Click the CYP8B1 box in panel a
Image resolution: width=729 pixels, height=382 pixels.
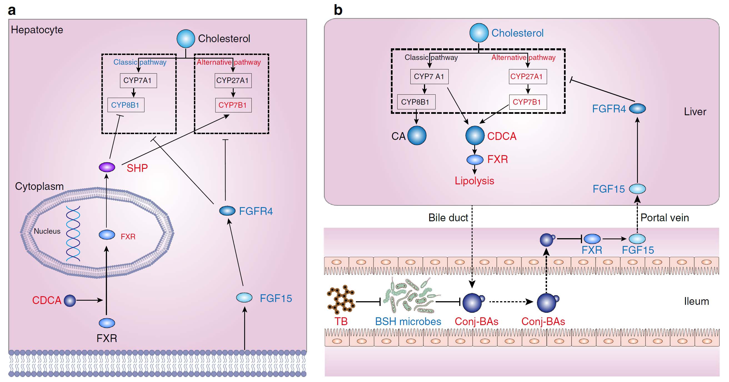tap(126, 105)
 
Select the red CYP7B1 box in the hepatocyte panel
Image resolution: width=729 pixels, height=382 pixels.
tap(233, 105)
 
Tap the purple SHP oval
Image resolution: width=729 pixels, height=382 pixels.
tap(107, 167)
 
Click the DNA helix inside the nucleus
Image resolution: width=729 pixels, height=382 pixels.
tap(73, 233)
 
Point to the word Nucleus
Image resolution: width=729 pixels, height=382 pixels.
tap(47, 231)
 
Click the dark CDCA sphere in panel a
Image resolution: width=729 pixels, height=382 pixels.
tap(70, 300)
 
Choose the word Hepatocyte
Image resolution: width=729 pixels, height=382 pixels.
tap(37, 30)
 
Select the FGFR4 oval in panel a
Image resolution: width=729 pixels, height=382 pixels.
tap(227, 211)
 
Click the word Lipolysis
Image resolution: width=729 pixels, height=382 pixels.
tap(474, 181)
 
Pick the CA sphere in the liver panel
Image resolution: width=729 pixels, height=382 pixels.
tap(417, 136)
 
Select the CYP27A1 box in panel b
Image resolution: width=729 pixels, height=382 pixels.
tap(528, 77)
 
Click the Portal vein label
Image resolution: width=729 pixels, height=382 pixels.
tap(665, 218)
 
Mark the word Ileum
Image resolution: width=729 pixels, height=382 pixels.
tap(696, 301)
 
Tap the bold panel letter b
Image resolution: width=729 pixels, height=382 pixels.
tap(338, 10)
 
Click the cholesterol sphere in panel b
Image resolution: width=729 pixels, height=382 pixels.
tap(479, 32)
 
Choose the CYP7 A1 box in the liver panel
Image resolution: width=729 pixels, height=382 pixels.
tap(429, 77)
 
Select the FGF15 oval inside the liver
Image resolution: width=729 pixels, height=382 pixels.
tap(637, 189)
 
